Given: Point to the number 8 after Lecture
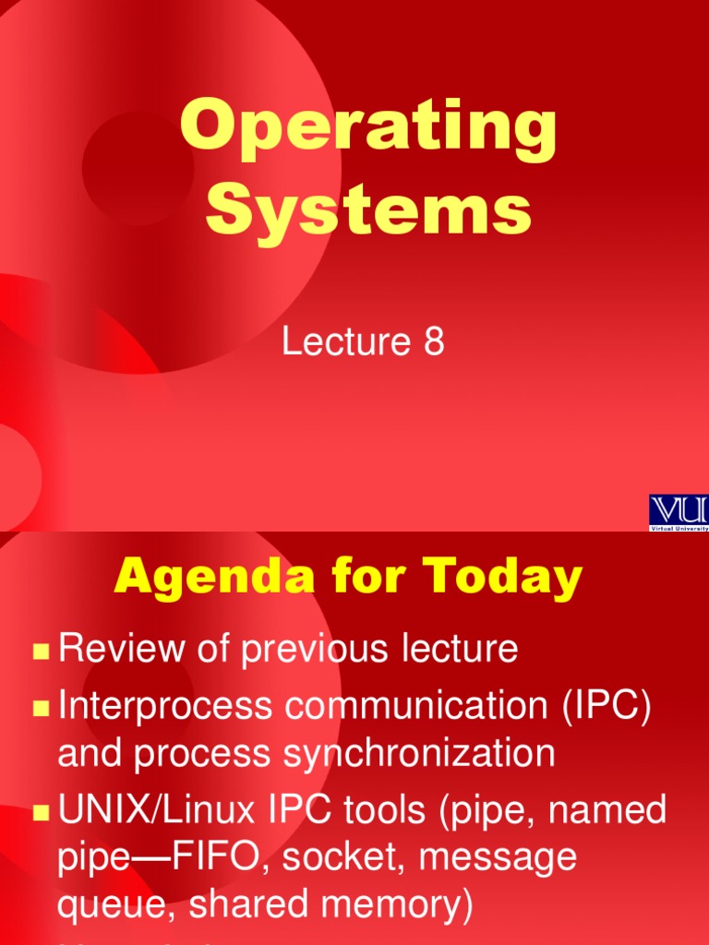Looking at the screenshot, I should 434,342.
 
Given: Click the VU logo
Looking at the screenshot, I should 679,511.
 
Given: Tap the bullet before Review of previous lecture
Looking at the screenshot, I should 40,652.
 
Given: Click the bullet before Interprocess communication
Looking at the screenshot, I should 40,709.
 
